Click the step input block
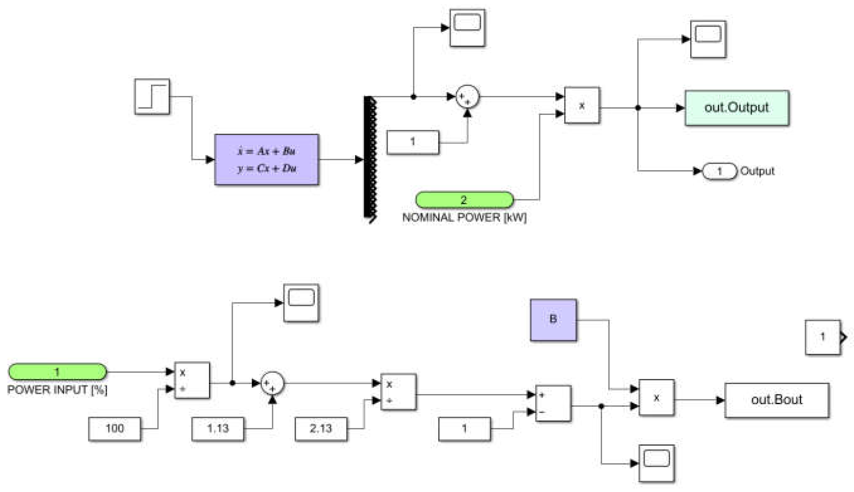click(x=152, y=97)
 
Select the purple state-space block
click(x=266, y=160)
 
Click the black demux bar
click(x=369, y=160)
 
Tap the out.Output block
click(x=737, y=108)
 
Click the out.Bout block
click(x=776, y=400)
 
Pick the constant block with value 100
click(x=115, y=429)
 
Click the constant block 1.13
click(x=218, y=429)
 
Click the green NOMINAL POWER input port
click(x=464, y=200)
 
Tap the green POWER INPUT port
click(x=57, y=372)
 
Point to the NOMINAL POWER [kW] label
click(x=464, y=218)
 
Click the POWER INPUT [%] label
click(x=57, y=390)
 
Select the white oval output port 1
click(x=719, y=171)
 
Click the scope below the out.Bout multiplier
click(x=656, y=463)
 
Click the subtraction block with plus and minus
click(x=553, y=404)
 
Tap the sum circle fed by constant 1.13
click(x=272, y=383)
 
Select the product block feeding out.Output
click(x=582, y=105)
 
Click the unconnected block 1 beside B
click(x=823, y=337)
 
